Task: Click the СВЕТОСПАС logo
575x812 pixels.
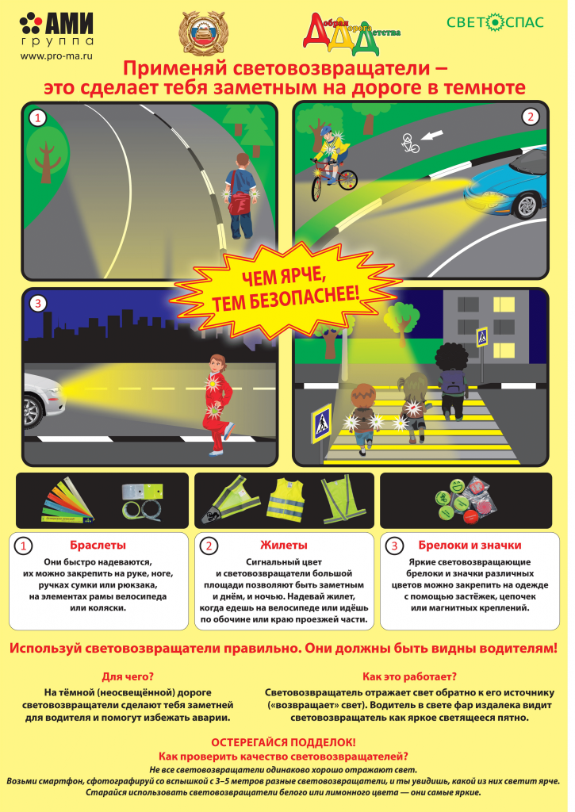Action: click(x=495, y=22)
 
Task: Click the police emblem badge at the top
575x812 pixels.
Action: click(x=204, y=33)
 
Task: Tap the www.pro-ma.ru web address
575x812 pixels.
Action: click(x=56, y=56)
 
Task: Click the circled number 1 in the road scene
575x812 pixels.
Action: click(x=37, y=119)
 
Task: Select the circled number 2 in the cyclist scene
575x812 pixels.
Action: click(x=530, y=117)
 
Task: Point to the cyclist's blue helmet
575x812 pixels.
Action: click(x=326, y=130)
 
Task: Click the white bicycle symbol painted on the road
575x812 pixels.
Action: click(x=410, y=143)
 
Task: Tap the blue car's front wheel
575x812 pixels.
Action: click(x=529, y=205)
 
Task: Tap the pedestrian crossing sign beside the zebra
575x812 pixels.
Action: click(x=321, y=423)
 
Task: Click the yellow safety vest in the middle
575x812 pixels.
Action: click(x=285, y=500)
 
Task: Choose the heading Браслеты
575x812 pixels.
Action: click(x=98, y=546)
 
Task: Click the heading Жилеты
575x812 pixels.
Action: click(x=284, y=546)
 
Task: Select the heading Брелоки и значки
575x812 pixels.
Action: click(x=470, y=546)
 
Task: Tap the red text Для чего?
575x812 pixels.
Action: click(x=128, y=677)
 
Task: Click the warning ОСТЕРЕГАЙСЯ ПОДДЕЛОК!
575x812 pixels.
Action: click(x=283, y=742)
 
